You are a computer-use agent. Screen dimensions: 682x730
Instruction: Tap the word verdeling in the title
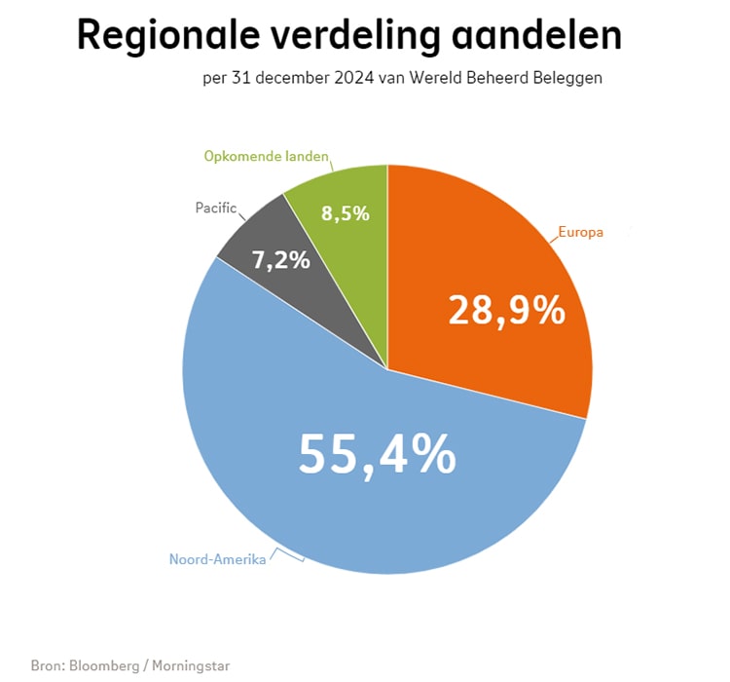346,36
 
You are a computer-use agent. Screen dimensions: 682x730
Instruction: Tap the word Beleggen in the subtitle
569,79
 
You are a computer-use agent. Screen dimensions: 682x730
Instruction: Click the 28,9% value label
506,311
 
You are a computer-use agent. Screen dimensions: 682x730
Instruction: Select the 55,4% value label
377,454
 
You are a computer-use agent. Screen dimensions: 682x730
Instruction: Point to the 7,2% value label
280,260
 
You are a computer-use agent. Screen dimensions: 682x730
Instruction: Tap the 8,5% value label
346,213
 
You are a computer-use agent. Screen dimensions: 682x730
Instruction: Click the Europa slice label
580,233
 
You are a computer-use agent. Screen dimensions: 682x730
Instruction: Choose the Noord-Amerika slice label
217,559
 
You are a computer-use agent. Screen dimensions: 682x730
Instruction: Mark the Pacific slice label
216,208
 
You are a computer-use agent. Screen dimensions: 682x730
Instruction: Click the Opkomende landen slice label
266,156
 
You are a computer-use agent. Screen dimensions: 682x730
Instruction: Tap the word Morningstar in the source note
192,666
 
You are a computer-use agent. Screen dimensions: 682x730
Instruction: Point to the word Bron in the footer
47,666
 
